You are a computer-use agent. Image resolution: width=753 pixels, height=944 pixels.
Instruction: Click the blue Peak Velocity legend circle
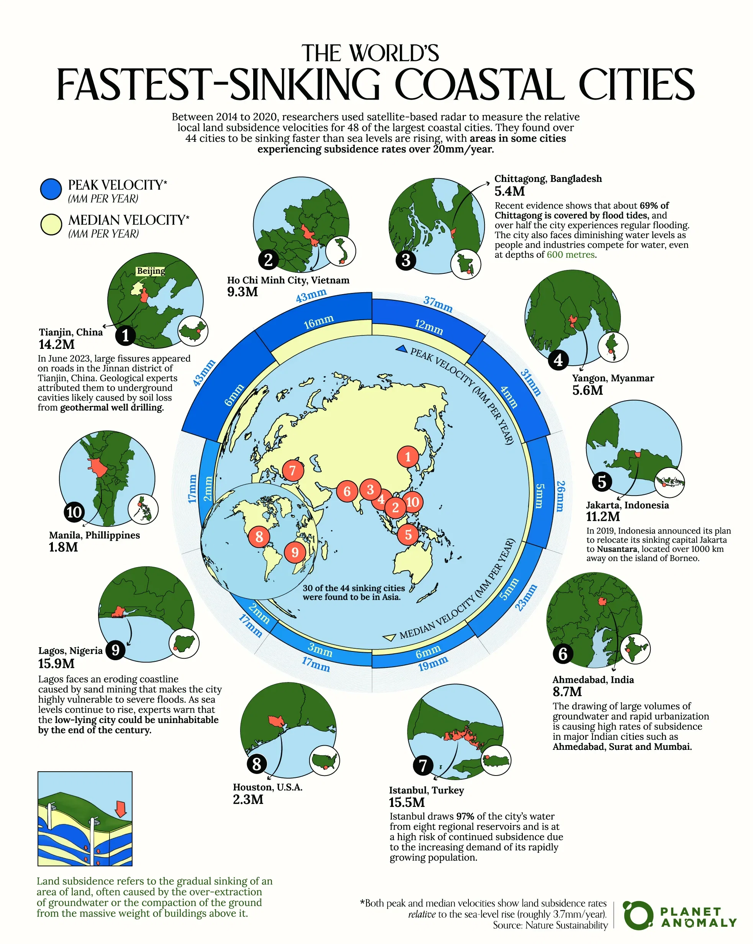point(51,189)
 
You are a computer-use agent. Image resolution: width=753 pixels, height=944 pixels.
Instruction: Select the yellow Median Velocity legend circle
point(51,224)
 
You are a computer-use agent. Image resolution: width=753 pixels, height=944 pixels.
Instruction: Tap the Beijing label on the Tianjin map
point(151,271)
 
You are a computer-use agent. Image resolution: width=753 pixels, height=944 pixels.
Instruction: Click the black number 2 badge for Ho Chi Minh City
point(268,260)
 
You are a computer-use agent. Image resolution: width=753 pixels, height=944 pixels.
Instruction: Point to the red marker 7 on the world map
point(293,471)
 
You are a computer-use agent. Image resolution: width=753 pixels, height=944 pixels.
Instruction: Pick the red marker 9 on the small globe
point(295,553)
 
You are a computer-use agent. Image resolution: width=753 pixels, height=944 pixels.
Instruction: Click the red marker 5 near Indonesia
point(408,534)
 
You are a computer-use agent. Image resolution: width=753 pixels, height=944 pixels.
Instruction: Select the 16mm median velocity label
point(319,322)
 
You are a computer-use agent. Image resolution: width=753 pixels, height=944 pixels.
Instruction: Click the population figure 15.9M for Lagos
point(56,664)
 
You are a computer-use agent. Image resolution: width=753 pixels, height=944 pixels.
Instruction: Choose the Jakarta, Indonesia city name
point(627,505)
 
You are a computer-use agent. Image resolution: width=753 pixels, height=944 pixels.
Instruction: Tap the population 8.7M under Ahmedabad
point(567,692)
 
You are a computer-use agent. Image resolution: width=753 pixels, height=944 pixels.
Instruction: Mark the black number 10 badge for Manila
point(74,512)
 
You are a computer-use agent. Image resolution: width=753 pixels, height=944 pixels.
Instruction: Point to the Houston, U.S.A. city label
point(267,787)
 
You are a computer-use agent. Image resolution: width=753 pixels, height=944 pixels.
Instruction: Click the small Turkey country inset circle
point(496,760)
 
